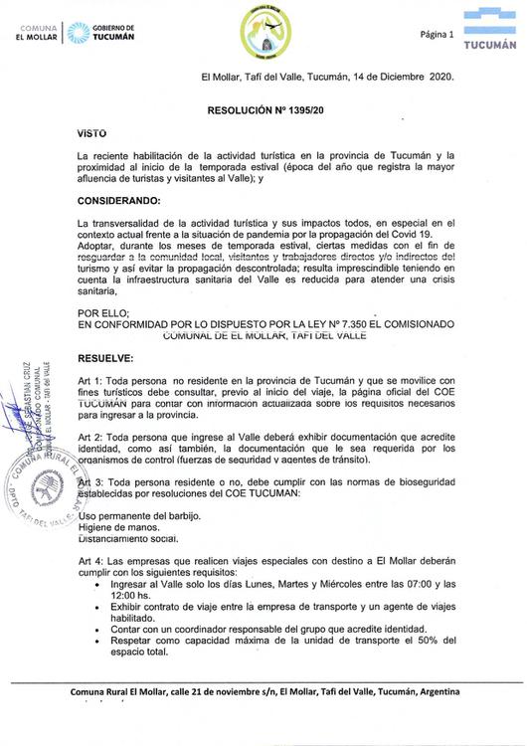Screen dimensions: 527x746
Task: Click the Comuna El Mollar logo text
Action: (x=34, y=32)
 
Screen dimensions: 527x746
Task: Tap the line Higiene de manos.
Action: (x=116, y=528)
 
